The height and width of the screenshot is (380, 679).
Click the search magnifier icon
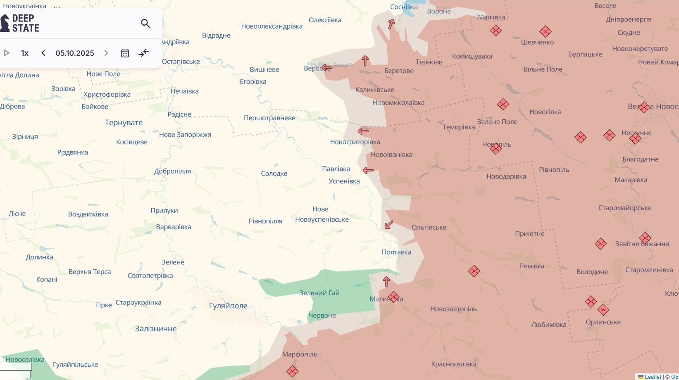pyautogui.click(x=145, y=24)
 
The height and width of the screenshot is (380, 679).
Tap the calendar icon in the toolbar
pyautogui.click(x=125, y=53)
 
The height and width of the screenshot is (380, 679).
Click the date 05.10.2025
pyautogui.click(x=75, y=53)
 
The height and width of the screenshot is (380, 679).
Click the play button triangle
pyautogui.click(x=7, y=53)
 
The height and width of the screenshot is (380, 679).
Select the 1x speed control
pyautogui.click(x=25, y=53)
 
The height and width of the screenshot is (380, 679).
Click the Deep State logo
pyautogui.click(x=21, y=23)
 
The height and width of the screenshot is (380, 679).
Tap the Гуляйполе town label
pyautogui.click(x=228, y=306)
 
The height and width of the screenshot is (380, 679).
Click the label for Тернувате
pyautogui.click(x=124, y=123)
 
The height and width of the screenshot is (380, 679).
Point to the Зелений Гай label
pyautogui.click(x=319, y=293)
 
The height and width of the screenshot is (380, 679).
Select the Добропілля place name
pyautogui.click(x=172, y=171)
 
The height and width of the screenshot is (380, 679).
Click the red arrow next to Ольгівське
pyautogui.click(x=388, y=225)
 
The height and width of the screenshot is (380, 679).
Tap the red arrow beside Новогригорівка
pyautogui.click(x=363, y=131)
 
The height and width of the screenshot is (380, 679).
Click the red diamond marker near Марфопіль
pyautogui.click(x=292, y=371)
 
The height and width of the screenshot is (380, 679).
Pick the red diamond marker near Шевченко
pyautogui.click(x=545, y=31)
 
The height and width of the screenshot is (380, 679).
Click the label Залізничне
pyautogui.click(x=156, y=329)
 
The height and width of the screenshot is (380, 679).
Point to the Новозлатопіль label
pyautogui.click(x=453, y=309)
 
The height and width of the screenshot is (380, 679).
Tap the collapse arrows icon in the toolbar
pyautogui.click(x=143, y=53)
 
